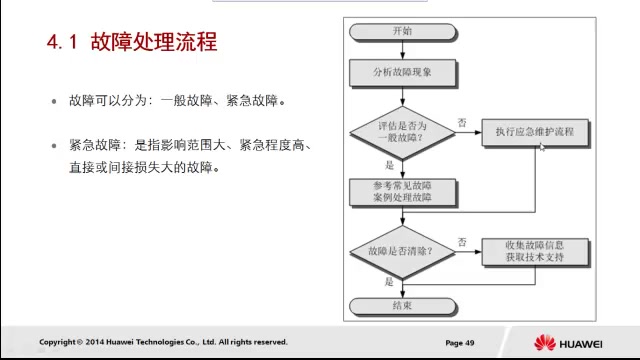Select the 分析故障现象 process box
[403, 72]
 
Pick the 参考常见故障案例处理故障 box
[403, 192]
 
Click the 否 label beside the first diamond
[462, 121]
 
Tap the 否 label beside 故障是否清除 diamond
[462, 242]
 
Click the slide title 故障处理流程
[153, 43]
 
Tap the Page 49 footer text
[460, 342]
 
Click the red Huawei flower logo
[545, 342]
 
